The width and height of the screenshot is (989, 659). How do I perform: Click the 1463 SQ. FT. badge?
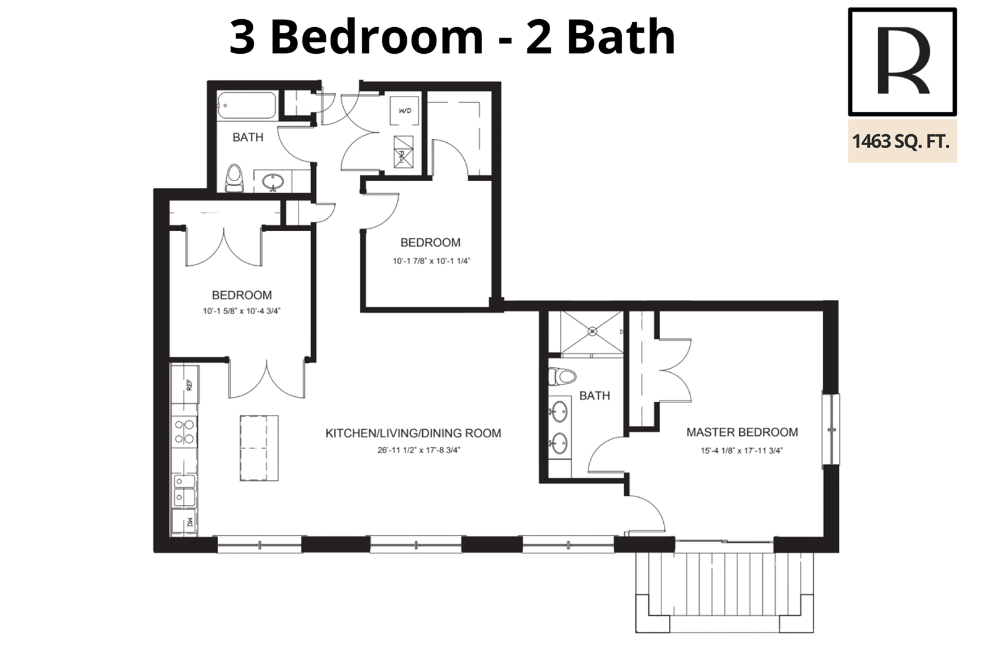tap(902, 141)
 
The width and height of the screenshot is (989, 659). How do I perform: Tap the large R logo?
tap(902, 61)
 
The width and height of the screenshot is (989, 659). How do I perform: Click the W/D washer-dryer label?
tap(404, 111)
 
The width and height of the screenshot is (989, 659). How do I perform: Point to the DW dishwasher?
tap(185, 522)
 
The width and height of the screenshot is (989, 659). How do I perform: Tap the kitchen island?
tap(259, 448)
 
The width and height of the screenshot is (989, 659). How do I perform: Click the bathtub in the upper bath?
tap(247, 105)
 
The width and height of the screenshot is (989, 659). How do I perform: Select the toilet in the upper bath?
tap(234, 179)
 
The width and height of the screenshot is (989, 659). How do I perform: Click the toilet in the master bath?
tap(562, 376)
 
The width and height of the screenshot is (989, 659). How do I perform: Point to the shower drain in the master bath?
tap(592, 331)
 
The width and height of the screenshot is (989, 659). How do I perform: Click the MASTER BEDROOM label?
tap(742, 432)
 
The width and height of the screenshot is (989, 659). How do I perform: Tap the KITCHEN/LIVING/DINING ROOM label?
tap(414, 433)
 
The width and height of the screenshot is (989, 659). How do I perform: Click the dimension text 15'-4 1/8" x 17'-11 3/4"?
tap(742, 451)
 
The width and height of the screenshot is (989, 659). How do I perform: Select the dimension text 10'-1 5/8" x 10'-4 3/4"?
tap(242, 311)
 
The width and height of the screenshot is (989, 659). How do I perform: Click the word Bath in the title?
tap(621, 36)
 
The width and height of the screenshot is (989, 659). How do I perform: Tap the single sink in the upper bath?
tap(273, 181)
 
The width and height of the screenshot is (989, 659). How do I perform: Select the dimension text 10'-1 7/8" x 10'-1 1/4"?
tap(431, 261)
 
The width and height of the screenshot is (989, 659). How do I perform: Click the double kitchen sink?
tap(184, 490)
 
